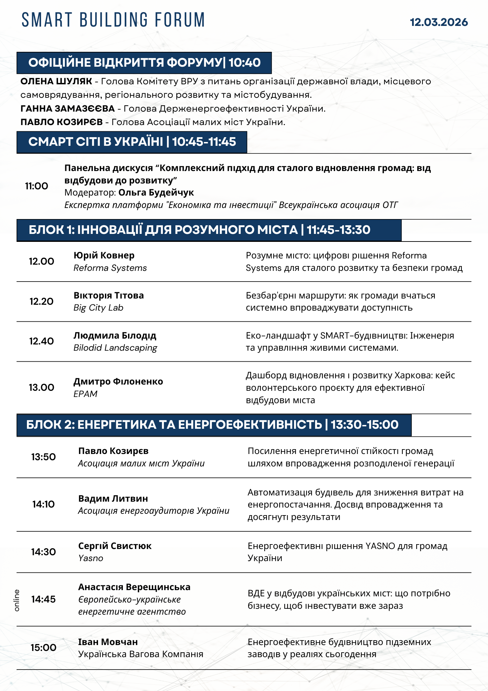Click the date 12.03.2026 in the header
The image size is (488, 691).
(x=439, y=22)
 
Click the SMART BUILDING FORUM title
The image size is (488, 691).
(x=113, y=20)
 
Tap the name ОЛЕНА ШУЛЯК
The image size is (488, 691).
(x=56, y=82)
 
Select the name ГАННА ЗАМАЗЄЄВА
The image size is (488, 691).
(x=68, y=109)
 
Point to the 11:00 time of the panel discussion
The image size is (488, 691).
(x=37, y=186)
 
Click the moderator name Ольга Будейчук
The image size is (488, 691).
(x=156, y=192)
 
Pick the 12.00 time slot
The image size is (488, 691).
(x=41, y=262)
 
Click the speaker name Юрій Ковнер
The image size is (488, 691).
(x=104, y=256)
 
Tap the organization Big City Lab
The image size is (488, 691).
(x=98, y=308)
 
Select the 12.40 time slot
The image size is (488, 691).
(x=41, y=341)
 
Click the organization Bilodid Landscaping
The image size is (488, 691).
(x=115, y=348)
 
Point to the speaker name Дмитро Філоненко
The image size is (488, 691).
(x=118, y=381)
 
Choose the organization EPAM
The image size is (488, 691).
(x=86, y=394)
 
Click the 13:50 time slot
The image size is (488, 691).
(x=43, y=457)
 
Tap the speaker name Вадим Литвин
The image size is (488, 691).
(x=113, y=499)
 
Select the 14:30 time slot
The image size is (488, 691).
(x=43, y=552)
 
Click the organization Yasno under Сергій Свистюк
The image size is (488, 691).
(x=91, y=558)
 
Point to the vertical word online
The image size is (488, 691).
(x=17, y=600)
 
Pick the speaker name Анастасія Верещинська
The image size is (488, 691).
(x=134, y=587)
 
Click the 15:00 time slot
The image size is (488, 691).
(x=43, y=648)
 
